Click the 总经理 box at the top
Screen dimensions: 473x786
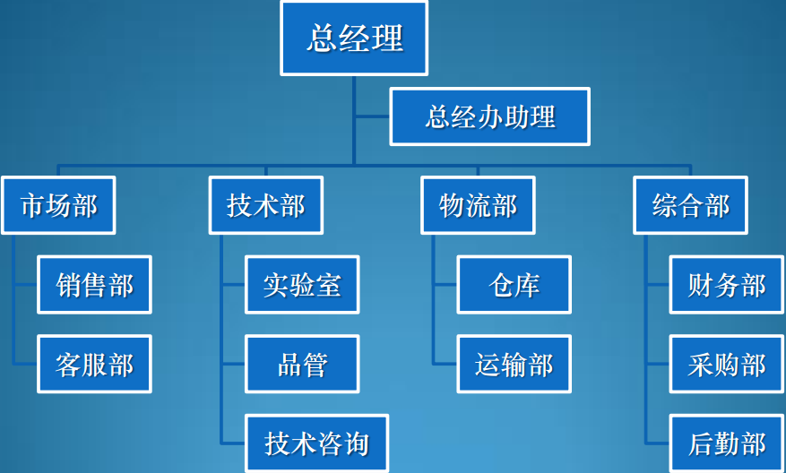pos(354,39)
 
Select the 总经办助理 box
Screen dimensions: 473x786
pos(489,116)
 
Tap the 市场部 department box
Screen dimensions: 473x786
pos(58,205)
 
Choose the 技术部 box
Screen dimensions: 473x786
pos(266,205)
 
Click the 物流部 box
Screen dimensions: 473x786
pos(478,205)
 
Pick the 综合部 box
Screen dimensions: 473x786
pos(690,205)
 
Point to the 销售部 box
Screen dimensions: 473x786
pos(94,285)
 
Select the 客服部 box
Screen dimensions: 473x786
pos(94,364)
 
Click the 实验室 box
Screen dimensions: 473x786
pos(302,285)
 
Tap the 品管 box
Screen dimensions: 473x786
pos(302,364)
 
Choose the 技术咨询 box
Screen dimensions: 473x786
pos(316,443)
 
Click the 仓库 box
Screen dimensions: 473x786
pos(514,285)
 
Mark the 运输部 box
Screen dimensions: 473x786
pos(514,364)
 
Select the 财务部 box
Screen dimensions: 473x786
pos(726,285)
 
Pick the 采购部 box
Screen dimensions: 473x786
pos(726,364)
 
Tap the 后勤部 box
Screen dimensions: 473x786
pos(726,443)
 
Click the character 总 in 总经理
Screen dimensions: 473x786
pos(322,39)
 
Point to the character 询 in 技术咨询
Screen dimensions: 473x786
pos(356,443)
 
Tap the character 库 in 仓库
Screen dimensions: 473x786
pos(527,285)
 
